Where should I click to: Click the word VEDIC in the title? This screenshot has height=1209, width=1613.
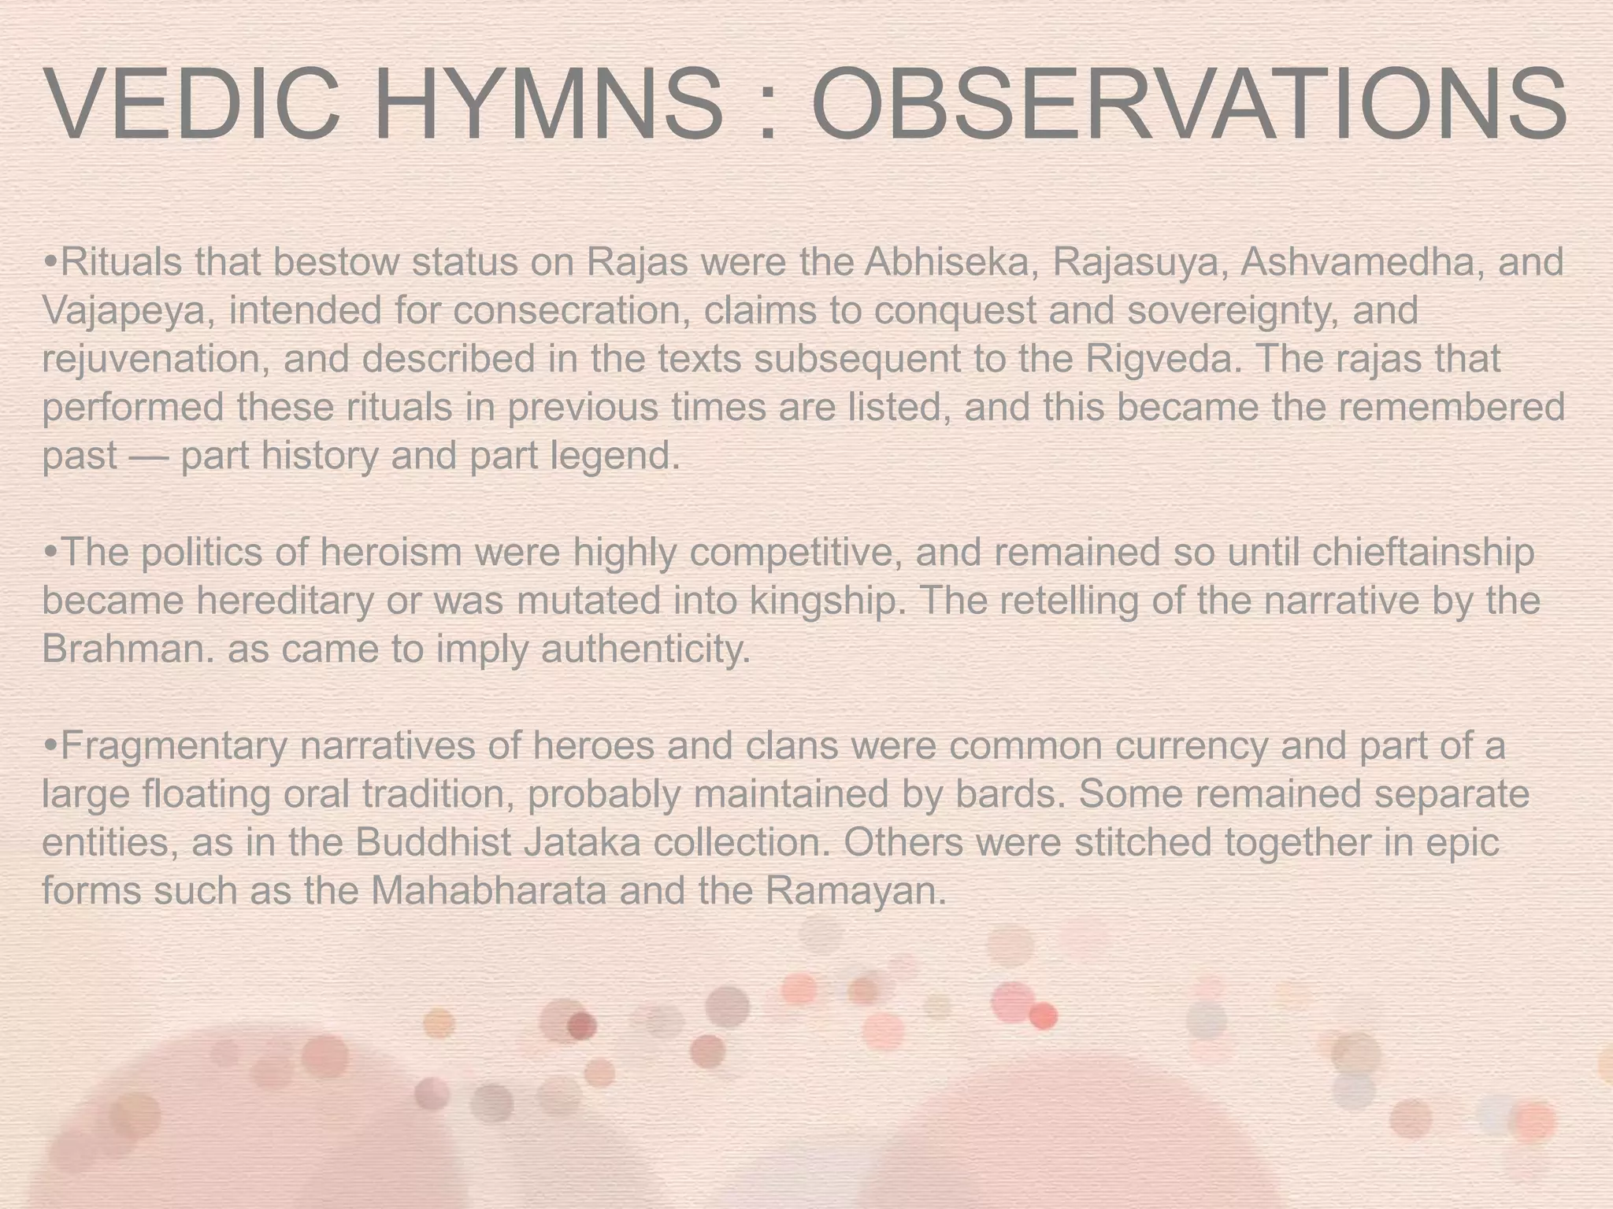point(193,105)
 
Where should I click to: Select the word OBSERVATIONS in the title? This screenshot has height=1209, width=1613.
point(1189,105)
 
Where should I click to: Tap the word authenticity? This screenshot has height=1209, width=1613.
point(646,650)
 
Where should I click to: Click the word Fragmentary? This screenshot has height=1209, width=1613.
point(173,747)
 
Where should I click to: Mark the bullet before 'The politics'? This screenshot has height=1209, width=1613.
point(50,554)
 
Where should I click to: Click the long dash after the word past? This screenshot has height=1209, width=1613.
point(148,457)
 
